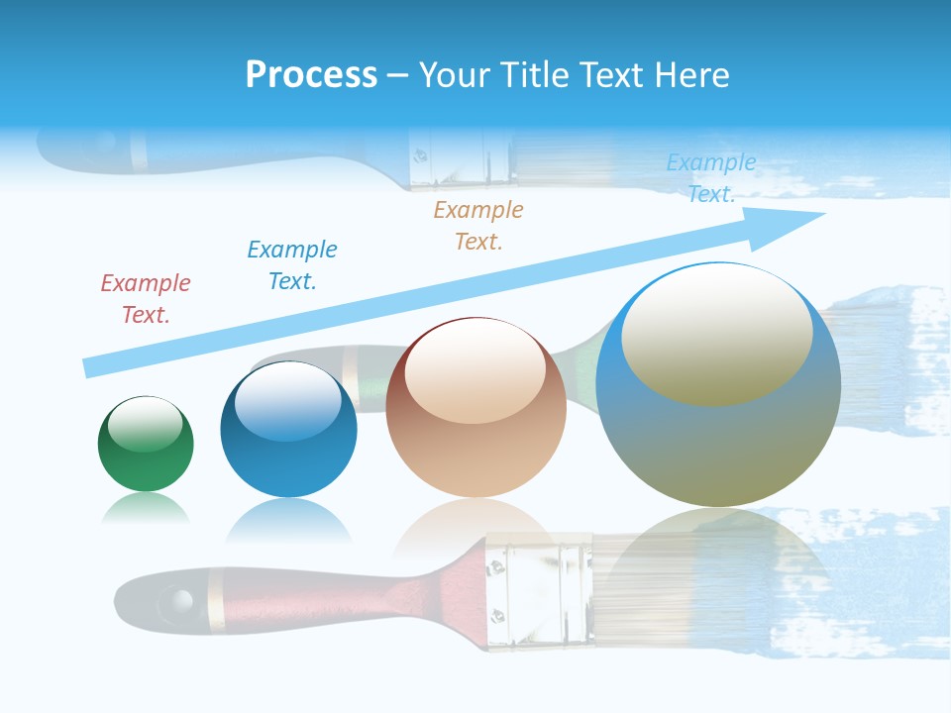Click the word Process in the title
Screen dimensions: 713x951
click(311, 75)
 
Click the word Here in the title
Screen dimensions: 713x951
click(690, 75)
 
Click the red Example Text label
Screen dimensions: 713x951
click(145, 299)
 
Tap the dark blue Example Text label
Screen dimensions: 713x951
click(292, 265)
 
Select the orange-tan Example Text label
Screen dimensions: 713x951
click(478, 226)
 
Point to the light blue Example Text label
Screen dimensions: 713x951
click(711, 178)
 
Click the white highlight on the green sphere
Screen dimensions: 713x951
click(146, 424)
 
